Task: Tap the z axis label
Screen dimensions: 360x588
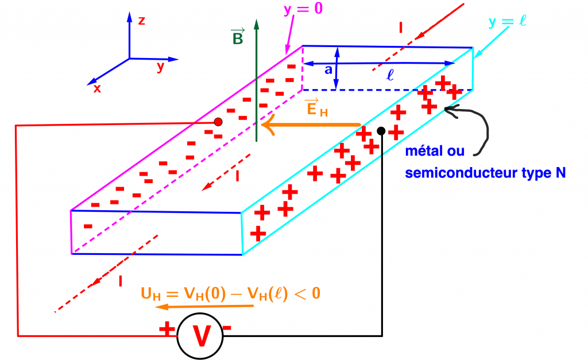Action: tap(141, 21)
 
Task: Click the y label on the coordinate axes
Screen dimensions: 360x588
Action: tap(161, 67)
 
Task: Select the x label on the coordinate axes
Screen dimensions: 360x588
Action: tap(98, 88)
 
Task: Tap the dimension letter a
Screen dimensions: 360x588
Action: tap(327, 69)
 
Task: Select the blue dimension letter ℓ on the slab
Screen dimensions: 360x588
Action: tap(390, 75)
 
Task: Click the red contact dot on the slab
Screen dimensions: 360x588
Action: tap(218, 122)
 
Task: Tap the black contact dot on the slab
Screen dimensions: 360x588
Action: tap(381, 131)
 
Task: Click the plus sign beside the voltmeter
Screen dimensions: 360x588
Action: tap(167, 328)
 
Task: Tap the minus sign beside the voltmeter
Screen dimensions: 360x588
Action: tap(227, 328)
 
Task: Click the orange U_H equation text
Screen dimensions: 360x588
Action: tap(230, 294)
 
